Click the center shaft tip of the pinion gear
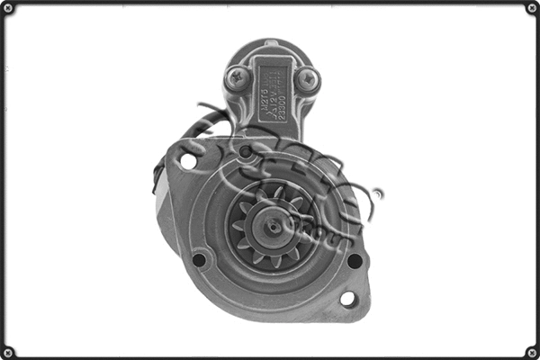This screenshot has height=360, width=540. (x=271, y=226)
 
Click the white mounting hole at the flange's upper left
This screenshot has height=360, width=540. (x=188, y=161)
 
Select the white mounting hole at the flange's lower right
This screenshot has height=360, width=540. (x=346, y=298)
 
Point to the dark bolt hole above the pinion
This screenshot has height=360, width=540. (x=246, y=151)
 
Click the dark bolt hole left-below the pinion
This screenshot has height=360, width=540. (x=199, y=260)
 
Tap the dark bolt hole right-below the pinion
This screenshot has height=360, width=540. (x=355, y=260)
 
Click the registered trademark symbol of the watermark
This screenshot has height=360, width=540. (x=377, y=193)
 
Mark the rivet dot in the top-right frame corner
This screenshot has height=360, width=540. (x=530, y=9)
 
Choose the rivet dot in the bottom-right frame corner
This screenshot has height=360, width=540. (x=530, y=351)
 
